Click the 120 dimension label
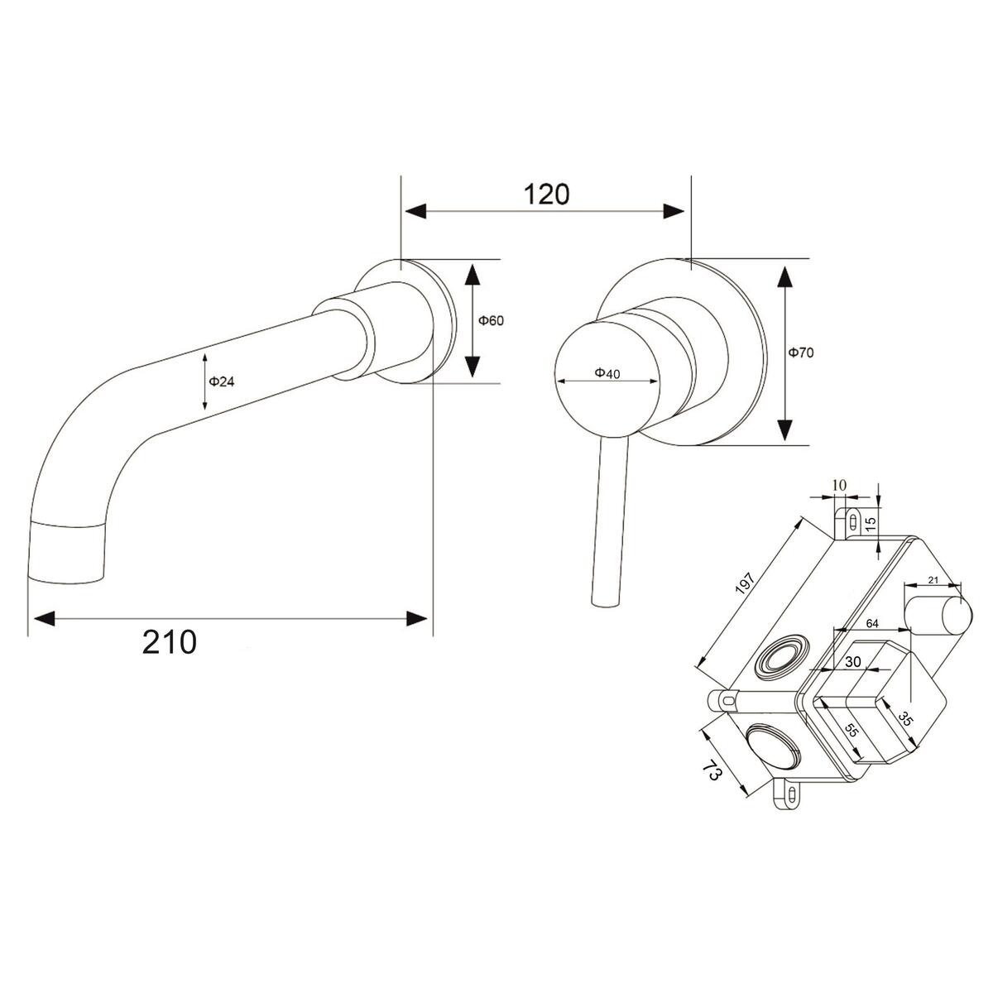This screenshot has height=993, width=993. [547, 194]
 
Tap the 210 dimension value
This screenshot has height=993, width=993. [170, 642]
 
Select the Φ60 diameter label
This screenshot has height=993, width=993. [491, 320]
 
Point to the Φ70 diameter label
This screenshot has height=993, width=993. [801, 353]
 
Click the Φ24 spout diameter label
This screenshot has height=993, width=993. [222, 381]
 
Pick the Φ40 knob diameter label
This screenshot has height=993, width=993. [607, 373]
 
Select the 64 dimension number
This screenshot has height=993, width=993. [872, 624]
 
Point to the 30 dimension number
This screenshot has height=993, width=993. [853, 662]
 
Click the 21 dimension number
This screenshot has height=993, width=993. [933, 580]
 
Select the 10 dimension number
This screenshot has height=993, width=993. [839, 485]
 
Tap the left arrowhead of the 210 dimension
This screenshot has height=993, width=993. [44, 619]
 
